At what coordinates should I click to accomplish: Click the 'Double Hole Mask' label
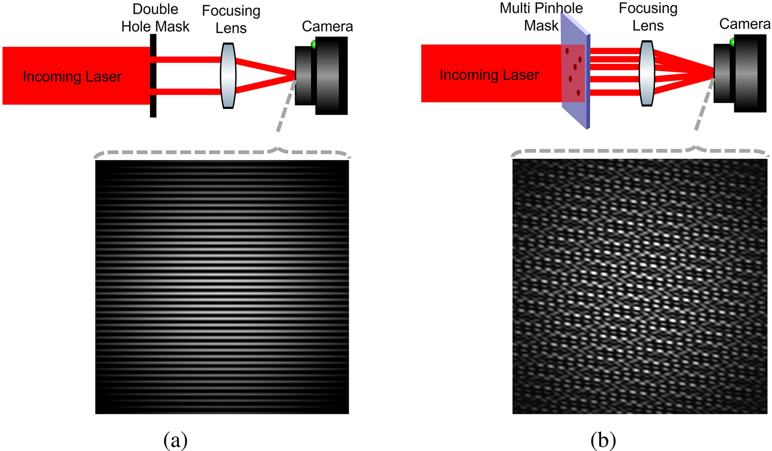click(155, 18)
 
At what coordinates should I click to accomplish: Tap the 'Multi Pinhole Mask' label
click(541, 17)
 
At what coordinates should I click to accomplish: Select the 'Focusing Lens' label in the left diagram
click(231, 19)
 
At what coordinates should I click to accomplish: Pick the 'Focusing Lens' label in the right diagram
click(648, 17)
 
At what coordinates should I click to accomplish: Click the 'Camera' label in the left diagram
click(328, 26)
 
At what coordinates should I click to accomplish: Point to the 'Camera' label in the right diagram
click(745, 24)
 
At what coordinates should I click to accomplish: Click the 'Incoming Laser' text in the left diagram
click(72, 76)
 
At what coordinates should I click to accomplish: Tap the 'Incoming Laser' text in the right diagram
click(489, 75)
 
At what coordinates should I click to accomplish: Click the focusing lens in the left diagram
click(228, 75)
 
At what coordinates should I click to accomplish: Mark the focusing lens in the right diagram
click(647, 73)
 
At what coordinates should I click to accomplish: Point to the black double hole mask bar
click(153, 75)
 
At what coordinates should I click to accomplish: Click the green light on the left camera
click(313, 44)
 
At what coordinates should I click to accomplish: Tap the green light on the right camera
click(732, 42)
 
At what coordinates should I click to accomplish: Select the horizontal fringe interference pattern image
click(222, 287)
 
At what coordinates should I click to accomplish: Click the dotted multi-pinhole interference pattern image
click(640, 286)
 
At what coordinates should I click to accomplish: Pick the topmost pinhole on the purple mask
click(567, 51)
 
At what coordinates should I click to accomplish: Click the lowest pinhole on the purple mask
click(578, 92)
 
